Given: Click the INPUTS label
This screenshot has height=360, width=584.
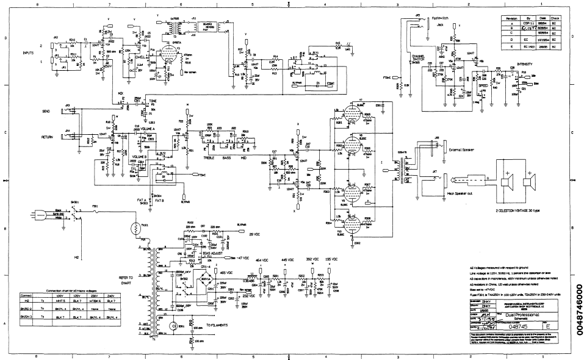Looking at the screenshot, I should pos(28,53).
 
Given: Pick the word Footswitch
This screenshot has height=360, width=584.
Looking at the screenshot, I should pos(440,18).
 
